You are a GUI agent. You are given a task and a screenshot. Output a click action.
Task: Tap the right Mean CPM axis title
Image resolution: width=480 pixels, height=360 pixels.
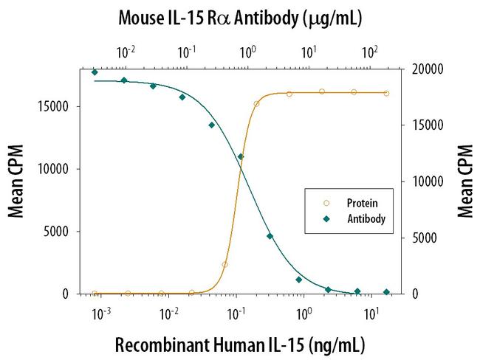click(x=464, y=181)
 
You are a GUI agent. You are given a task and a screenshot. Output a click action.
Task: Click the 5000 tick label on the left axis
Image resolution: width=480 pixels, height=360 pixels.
click(x=57, y=232)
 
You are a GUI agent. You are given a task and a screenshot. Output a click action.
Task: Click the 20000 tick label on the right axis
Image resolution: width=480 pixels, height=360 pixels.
click(x=425, y=69)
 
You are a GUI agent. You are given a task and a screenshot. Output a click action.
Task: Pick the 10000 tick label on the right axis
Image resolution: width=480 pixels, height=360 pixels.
click(x=425, y=181)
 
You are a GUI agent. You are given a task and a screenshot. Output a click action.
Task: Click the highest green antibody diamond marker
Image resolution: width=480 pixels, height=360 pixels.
click(x=95, y=72)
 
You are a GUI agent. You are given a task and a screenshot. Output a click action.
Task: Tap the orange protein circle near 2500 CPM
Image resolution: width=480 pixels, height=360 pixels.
click(x=224, y=264)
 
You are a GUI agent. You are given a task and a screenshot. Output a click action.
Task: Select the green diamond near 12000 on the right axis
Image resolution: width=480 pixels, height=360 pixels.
click(x=241, y=156)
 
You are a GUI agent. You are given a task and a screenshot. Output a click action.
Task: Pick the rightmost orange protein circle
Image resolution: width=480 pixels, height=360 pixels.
click(x=386, y=93)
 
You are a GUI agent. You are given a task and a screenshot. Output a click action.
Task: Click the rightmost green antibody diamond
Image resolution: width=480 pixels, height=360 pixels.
click(x=386, y=291)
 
